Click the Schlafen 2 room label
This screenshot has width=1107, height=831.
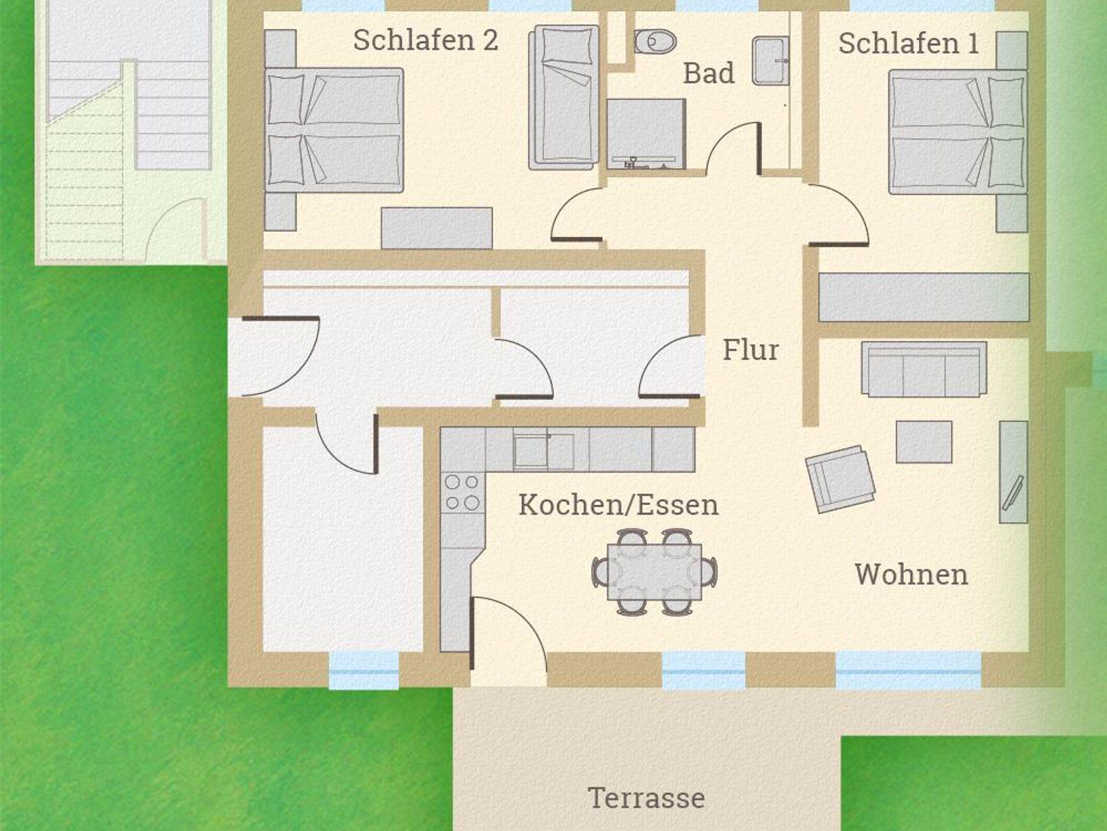click(425, 41)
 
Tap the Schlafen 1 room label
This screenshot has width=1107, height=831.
click(909, 44)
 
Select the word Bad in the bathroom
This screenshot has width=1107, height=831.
click(709, 73)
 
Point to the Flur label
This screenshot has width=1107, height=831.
click(751, 350)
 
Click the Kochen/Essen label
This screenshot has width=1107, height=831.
click(618, 505)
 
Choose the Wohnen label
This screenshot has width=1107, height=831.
click(911, 574)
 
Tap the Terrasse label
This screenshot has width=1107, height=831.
click(646, 798)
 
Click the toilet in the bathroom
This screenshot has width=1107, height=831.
click(655, 41)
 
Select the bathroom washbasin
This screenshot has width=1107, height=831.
click(770, 61)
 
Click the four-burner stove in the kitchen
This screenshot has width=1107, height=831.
click(462, 492)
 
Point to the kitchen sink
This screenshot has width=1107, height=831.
click(543, 451)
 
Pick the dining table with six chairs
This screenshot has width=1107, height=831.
click(655, 572)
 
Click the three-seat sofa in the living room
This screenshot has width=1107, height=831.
click(924, 369)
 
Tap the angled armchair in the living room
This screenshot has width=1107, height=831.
click(839, 479)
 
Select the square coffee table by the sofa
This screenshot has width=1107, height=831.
click(924, 442)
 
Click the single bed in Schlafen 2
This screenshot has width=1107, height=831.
click(564, 97)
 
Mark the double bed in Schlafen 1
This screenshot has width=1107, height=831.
click(958, 132)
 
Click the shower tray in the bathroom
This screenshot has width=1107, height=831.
click(646, 134)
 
